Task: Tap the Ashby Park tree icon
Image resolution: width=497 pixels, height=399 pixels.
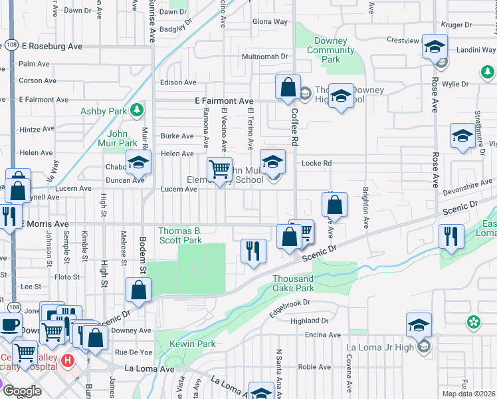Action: pos(138,109)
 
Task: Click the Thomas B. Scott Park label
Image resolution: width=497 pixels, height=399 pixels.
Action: pos(180,235)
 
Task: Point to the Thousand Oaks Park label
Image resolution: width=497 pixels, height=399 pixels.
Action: pos(293,283)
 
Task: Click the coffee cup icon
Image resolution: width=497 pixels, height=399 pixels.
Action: pos(9,325)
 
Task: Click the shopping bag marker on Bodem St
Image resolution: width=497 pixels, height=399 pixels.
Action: pos(138,289)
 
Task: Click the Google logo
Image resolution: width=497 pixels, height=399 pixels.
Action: pos(22,391)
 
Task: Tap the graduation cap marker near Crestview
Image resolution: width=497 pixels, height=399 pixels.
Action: pos(435,47)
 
